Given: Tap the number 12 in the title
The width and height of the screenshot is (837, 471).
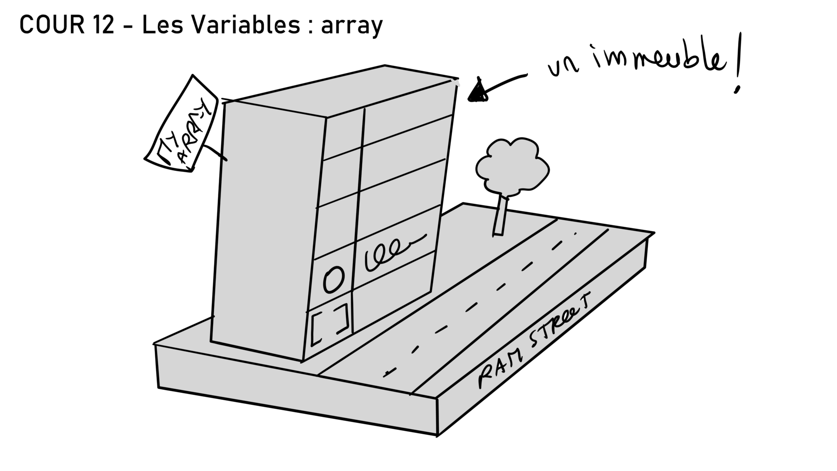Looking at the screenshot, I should coord(103,25).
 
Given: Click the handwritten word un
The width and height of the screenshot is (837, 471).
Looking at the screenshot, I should coord(562,70).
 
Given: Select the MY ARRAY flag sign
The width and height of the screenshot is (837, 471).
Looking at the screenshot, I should coord(181,124).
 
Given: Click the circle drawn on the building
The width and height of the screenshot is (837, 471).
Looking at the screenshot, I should coord(333,279).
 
